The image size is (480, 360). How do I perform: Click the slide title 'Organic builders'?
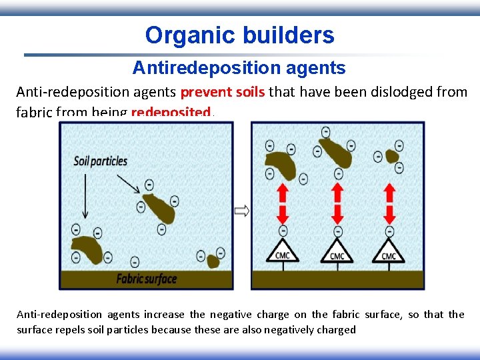(239, 35)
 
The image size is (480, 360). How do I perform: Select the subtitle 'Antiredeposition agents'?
(239, 67)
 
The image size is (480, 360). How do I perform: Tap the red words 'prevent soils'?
(222, 92)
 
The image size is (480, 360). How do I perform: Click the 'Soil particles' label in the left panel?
(101, 161)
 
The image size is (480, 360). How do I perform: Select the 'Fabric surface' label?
(146, 278)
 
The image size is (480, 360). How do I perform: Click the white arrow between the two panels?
(242, 211)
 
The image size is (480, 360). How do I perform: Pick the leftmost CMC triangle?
(283, 251)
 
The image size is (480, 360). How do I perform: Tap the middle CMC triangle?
(337, 251)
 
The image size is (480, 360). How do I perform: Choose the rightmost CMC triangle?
(389, 251)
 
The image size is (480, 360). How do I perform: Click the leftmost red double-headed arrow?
(283, 204)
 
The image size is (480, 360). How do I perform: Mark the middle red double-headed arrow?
(337, 204)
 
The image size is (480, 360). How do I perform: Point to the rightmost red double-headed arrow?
(389, 204)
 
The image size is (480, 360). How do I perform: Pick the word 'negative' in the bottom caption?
(237, 315)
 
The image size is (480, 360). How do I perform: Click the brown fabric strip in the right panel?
(337, 279)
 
